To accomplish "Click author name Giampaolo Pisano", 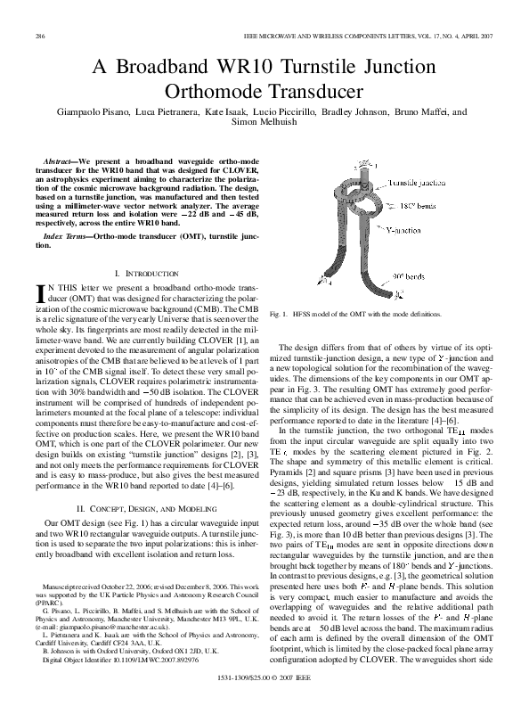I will click(x=100, y=113).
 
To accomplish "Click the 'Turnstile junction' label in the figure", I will click(x=411, y=182).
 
